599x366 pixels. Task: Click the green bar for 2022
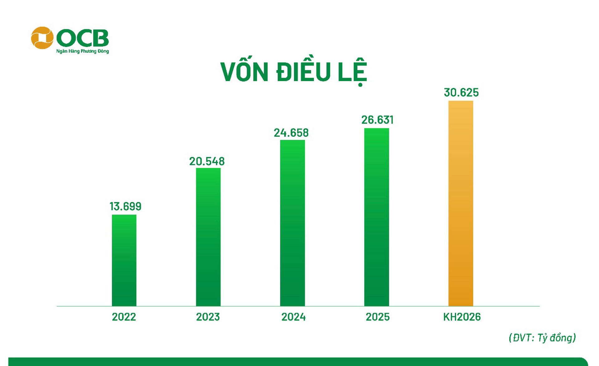124,260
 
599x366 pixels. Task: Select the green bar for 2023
208,237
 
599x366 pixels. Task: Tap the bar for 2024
292,223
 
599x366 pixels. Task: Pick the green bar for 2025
377,217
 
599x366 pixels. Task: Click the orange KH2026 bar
460,203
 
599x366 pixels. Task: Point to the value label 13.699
125,206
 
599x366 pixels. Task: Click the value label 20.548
207,161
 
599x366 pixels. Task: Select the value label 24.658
291,133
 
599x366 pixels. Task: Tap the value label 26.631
377,120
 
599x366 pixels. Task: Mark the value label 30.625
461,92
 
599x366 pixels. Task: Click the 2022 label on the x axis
124,317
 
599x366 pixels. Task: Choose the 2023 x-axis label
208,317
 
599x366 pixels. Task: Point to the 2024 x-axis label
293,317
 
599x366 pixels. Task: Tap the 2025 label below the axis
377,317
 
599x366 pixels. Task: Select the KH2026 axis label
462,317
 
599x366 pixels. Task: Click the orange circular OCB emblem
42,38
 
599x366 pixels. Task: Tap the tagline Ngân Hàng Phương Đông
82,51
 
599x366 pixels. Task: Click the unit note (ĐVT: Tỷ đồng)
542,338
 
